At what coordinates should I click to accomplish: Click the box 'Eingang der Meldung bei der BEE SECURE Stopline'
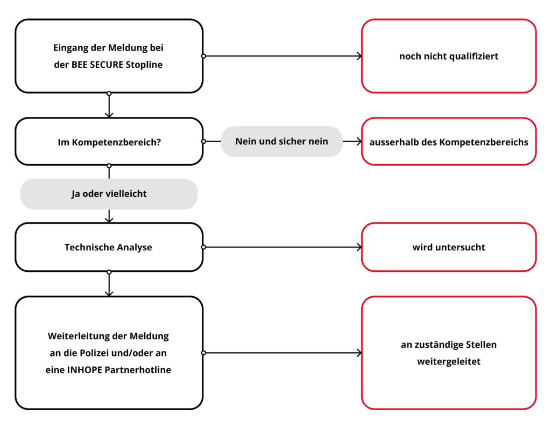pos(109,56)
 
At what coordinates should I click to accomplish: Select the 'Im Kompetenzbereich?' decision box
pos(109,142)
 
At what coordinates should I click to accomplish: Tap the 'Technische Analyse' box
pos(109,247)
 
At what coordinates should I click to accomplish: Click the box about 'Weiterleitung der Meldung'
pos(109,353)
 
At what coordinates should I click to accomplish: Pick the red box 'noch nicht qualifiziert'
pos(448,56)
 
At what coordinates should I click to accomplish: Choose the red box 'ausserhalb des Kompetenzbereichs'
pos(448,142)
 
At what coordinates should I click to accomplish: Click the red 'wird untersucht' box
pos(448,247)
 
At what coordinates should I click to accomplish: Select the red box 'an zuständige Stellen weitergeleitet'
pos(448,353)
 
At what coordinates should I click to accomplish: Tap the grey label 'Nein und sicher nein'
pos(281,142)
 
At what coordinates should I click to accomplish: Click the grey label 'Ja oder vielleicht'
pos(109,194)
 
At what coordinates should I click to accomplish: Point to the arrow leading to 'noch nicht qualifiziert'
pos(282,56)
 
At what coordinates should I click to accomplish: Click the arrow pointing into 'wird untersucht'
pos(282,247)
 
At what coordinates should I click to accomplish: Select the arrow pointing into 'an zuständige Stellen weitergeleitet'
pos(282,353)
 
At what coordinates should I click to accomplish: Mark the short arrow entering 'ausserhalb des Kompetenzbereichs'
pos(352,142)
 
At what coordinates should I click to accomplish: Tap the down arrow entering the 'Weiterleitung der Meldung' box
pos(109,285)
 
